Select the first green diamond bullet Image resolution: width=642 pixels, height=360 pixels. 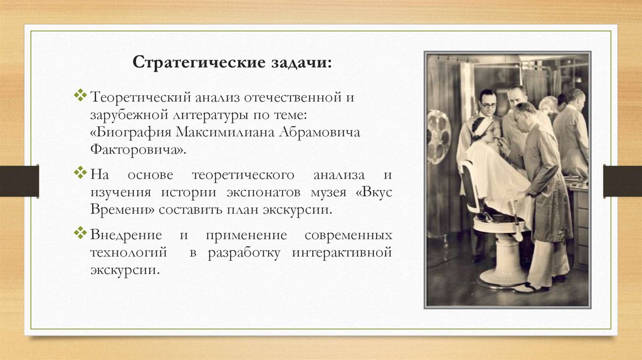pos(80,96)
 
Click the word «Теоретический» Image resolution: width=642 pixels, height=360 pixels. pos(142,98)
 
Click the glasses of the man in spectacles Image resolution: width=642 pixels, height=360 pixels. pos(488,105)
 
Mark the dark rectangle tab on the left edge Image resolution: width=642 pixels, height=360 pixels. pos(19,181)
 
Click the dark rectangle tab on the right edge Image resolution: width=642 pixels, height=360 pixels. pos(622,181)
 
